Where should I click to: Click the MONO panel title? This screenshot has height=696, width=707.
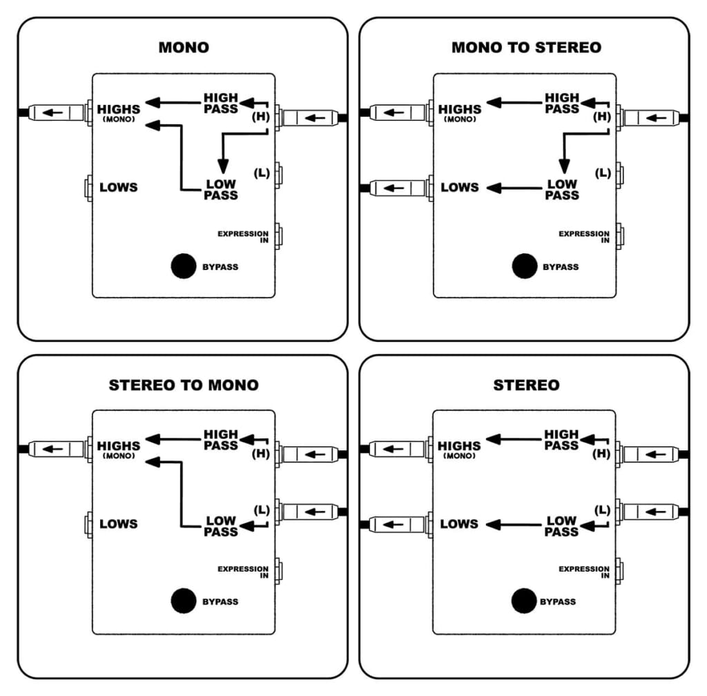pos(184,47)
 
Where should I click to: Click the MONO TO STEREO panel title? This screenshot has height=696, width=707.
pos(526,47)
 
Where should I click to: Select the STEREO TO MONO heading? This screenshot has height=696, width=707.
pos(184,385)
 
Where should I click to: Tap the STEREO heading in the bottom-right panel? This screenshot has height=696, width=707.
pos(526,385)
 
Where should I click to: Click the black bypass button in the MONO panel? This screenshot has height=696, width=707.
pos(184,267)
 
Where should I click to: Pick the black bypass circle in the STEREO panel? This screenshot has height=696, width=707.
pos(525,601)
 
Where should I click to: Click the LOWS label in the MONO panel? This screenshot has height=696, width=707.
pos(119,187)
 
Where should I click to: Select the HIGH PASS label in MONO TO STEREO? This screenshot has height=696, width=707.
pos(562,103)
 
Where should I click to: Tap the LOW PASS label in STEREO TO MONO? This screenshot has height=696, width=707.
pos(221,526)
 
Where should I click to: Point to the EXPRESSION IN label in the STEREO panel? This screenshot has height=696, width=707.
pos(584,572)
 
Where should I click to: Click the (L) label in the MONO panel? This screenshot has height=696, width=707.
pos(262,173)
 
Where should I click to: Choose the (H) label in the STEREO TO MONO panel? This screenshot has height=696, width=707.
pos(262,454)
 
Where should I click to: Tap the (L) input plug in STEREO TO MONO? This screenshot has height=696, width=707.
pos(309,512)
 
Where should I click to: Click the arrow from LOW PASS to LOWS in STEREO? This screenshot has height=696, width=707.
pos(514,525)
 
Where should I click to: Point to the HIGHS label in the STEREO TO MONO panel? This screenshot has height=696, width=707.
pos(119,446)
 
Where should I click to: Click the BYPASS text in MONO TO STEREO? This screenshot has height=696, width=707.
pos(561,267)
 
